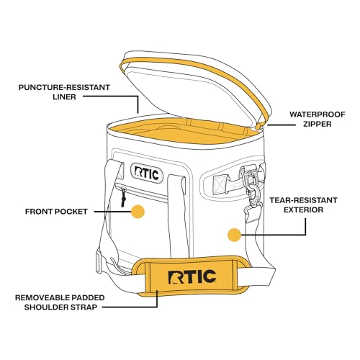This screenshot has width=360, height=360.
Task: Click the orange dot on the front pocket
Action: click(138, 212)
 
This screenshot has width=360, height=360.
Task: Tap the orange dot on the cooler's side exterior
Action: click(233, 234)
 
